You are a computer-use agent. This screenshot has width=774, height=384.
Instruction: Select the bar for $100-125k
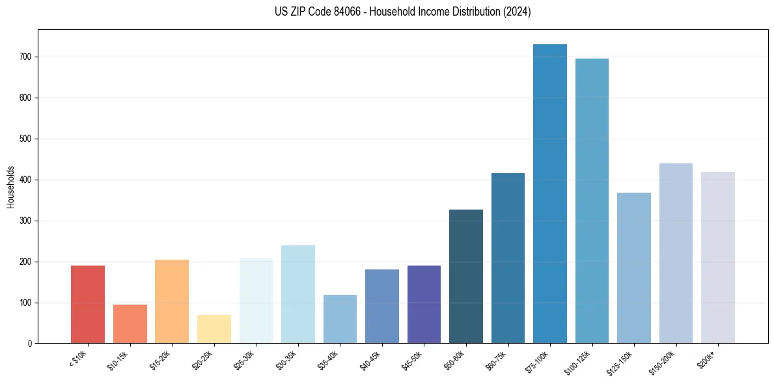click(592, 201)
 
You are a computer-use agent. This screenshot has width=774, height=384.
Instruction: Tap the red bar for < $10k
click(88, 304)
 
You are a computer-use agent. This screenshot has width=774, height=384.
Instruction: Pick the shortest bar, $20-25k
click(214, 329)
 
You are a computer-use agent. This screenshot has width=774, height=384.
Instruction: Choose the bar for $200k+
click(718, 257)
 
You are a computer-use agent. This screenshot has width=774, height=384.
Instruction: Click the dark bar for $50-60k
click(466, 276)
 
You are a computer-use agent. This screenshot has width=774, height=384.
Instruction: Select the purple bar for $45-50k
click(424, 304)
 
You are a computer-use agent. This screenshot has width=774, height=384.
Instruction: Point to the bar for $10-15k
click(130, 323)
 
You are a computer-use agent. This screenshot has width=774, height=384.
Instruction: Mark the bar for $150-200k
click(676, 253)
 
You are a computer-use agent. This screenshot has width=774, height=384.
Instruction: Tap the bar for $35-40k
click(340, 319)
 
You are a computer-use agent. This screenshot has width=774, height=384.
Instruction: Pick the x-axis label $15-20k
click(161, 360)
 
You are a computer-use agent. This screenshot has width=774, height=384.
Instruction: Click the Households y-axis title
click(10, 187)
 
